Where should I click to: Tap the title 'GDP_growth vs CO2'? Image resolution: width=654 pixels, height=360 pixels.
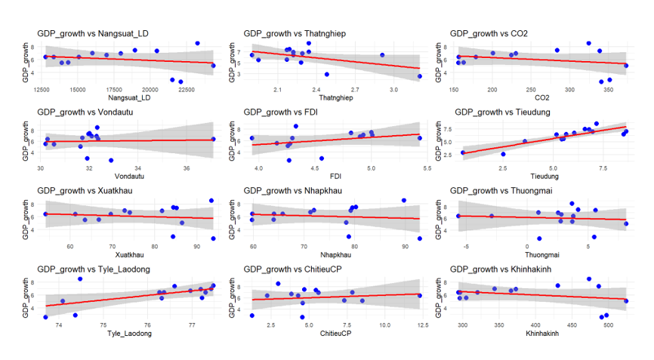[x=489, y=34]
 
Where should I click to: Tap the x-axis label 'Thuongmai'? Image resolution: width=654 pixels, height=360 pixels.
[x=541, y=255]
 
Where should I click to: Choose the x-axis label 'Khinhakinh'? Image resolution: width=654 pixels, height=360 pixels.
[x=541, y=333]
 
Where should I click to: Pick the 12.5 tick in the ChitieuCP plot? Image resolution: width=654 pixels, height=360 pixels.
[x=422, y=325]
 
